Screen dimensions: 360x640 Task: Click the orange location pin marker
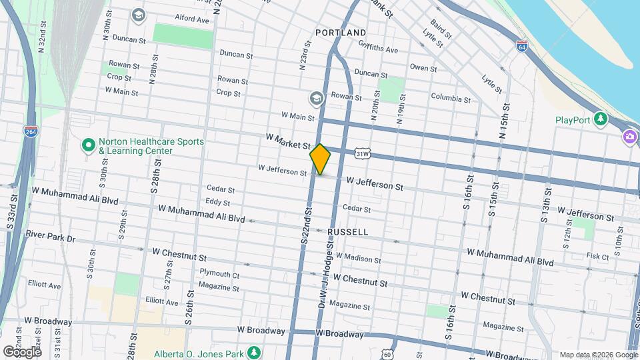point(320,159)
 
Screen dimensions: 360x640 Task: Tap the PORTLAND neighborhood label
point(341,33)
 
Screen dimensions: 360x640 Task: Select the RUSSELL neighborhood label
point(348,232)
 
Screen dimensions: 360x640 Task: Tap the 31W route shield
point(363,154)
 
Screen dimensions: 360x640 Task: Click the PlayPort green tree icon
point(601,119)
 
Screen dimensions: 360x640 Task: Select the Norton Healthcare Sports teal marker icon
point(87,145)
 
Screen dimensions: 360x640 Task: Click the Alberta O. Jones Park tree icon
point(253,352)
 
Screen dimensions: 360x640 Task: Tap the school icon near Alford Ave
point(139,15)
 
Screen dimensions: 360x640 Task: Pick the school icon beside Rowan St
point(317,99)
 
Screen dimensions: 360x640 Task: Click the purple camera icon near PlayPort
point(629,137)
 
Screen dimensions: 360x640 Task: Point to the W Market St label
point(288,141)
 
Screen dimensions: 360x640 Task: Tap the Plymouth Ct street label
point(219,274)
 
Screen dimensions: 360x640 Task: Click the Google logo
point(22,351)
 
